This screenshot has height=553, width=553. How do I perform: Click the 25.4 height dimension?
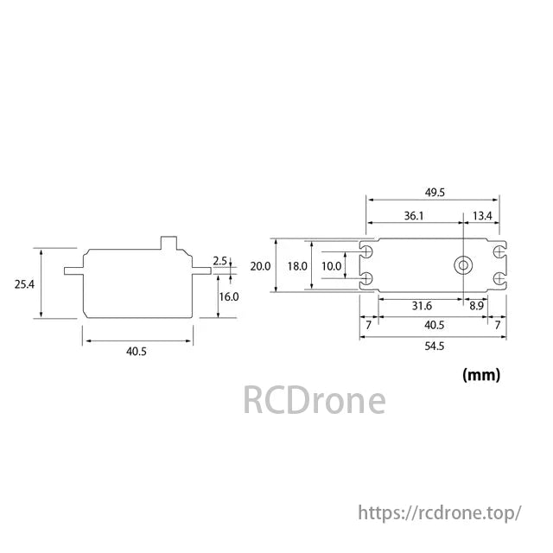point(24,284)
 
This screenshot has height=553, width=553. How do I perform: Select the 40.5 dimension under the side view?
point(137,353)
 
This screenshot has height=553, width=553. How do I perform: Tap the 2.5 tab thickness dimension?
point(219,261)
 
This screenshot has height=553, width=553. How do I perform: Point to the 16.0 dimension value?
point(228,296)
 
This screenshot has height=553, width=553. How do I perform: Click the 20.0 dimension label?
point(260,266)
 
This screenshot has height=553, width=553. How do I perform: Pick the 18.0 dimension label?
point(297,266)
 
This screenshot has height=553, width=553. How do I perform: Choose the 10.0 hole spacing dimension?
point(331,266)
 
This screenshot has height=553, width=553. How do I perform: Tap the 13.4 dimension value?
point(482,216)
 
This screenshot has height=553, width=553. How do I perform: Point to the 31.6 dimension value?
point(421,306)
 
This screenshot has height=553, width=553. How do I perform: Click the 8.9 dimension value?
point(476,306)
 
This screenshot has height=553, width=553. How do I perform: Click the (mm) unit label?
point(481,375)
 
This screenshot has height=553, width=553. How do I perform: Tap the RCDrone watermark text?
point(313,401)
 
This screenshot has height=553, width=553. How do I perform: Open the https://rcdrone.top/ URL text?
point(439,513)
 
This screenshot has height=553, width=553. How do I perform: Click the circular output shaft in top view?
point(464,264)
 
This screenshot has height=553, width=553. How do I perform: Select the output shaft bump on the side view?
point(170,243)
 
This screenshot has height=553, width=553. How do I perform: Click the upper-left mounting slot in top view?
point(366,251)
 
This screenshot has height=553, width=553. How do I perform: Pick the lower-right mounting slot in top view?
point(499,278)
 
